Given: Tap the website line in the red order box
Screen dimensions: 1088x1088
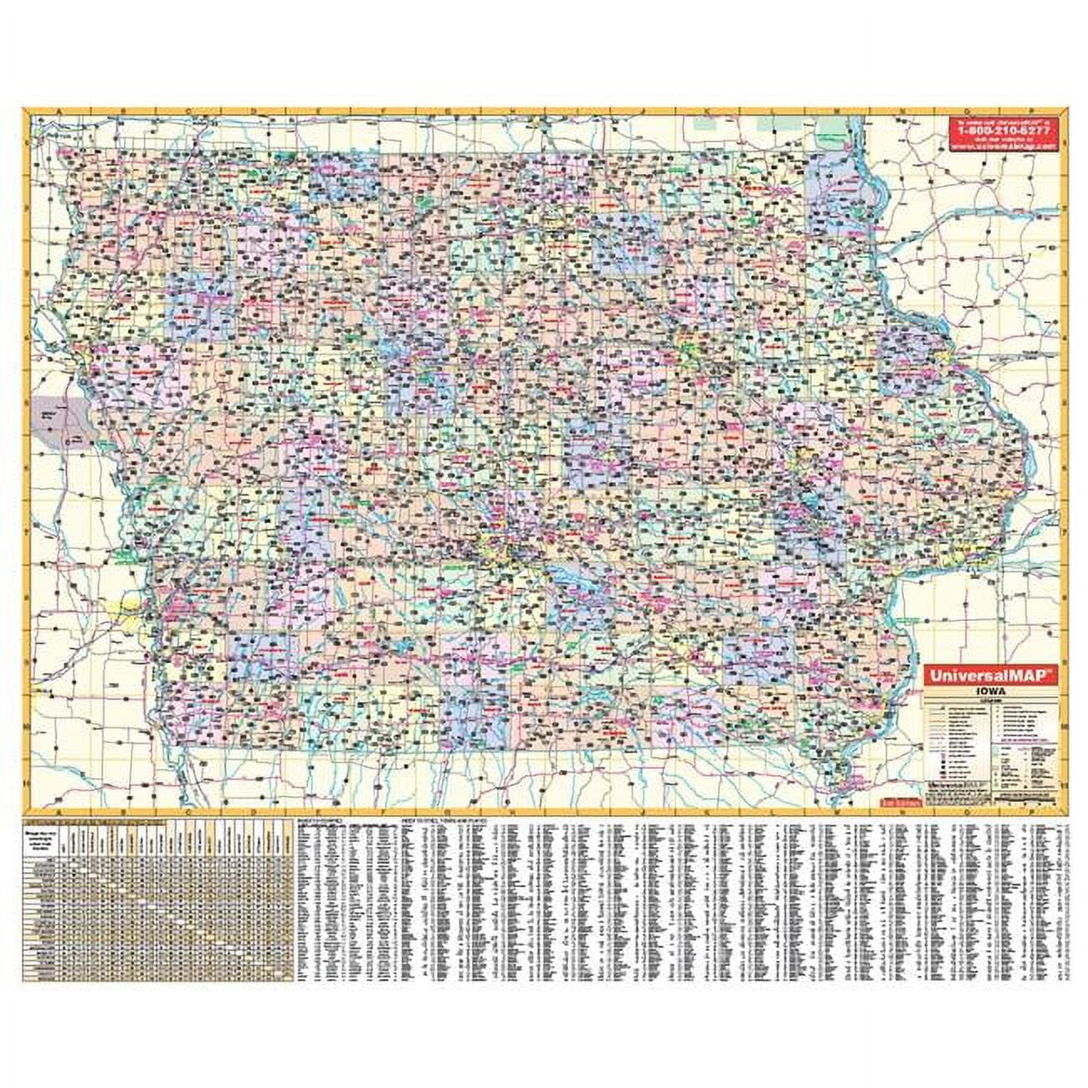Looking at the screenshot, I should tap(1003, 143).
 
